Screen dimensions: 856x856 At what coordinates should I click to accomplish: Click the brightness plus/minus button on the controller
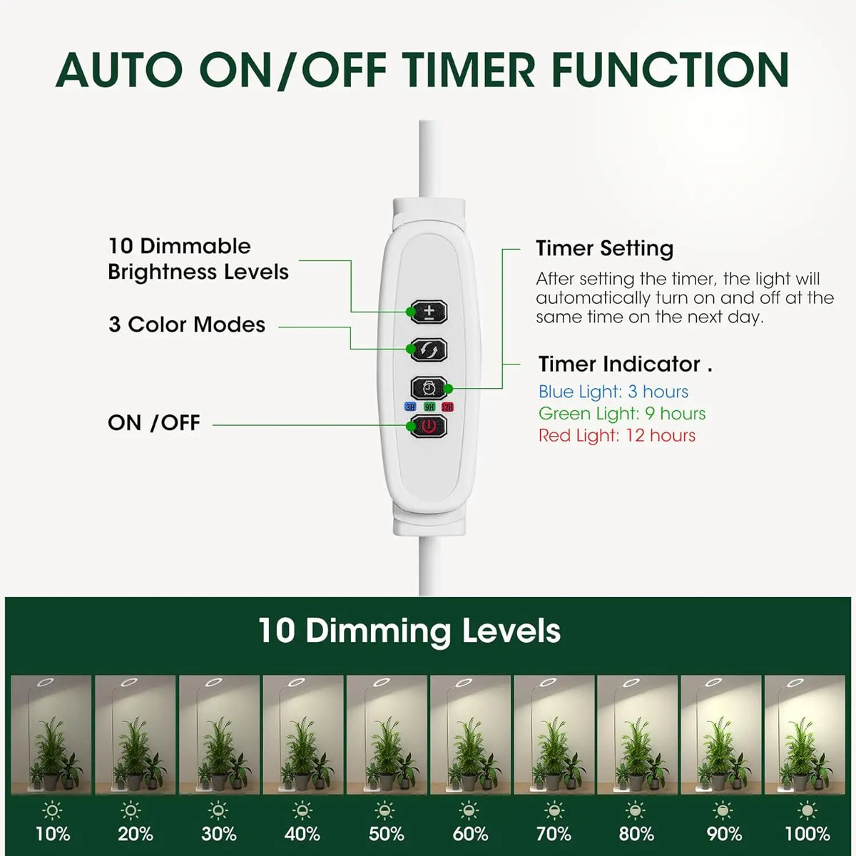[x=429, y=312]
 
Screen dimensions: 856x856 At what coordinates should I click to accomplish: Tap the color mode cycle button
[x=429, y=350]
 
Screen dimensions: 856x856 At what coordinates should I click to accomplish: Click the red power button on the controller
[x=429, y=427]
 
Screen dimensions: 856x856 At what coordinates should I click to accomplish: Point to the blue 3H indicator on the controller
[x=410, y=407]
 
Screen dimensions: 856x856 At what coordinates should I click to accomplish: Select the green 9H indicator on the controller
[x=429, y=407]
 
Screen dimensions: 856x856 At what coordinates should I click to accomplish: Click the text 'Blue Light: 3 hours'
[x=613, y=392]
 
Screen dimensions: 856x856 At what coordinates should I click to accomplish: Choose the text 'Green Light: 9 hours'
[x=622, y=413]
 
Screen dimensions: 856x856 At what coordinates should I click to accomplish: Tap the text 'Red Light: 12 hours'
[x=617, y=435]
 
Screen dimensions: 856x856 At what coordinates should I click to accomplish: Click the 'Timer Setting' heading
[x=604, y=248]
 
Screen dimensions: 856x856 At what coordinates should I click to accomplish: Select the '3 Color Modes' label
[x=187, y=325]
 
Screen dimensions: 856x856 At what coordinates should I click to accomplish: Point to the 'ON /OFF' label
[x=154, y=422]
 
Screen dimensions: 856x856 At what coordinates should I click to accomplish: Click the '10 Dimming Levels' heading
[x=409, y=631]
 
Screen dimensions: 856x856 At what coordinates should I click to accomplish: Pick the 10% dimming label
[x=53, y=833]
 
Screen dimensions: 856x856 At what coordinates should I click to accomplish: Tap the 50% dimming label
[x=387, y=833]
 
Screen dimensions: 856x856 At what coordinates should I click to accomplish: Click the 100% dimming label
[x=807, y=833]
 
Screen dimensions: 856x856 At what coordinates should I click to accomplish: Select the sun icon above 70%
[x=554, y=810]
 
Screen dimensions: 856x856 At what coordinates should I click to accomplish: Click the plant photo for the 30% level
[x=219, y=735]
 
